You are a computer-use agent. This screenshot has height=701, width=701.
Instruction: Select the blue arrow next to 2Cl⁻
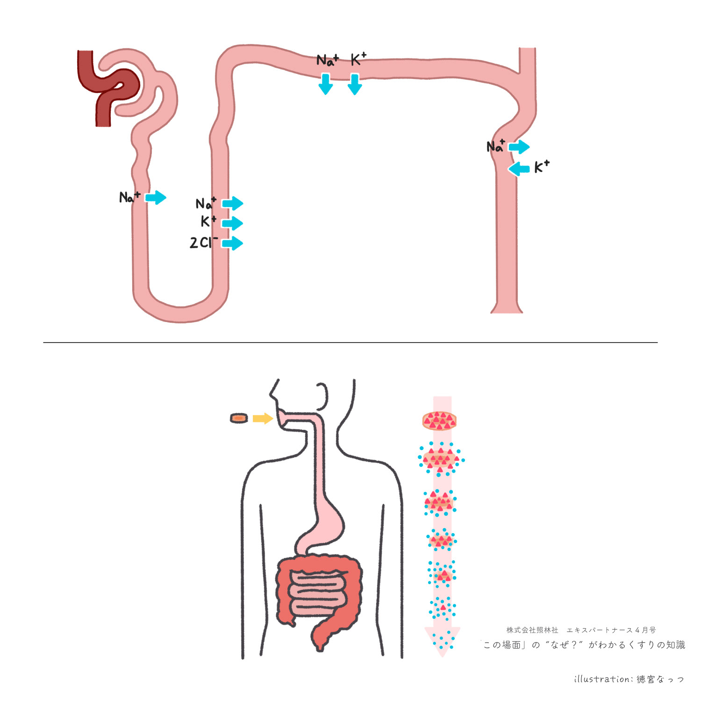click(232, 243)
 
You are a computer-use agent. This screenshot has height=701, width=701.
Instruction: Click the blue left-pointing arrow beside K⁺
click(519, 168)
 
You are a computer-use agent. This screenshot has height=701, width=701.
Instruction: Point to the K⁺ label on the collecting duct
click(542, 166)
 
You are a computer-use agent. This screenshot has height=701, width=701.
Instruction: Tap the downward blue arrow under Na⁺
click(326, 84)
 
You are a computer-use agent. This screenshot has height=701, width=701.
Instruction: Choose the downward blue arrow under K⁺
click(355, 84)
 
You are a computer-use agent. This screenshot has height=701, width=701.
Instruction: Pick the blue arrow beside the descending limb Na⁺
click(156, 197)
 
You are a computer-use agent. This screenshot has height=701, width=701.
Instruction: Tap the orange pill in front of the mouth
click(239, 418)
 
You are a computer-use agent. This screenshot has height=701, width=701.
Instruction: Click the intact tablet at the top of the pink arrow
click(439, 421)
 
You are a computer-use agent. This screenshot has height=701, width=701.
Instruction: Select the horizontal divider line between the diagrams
click(350, 343)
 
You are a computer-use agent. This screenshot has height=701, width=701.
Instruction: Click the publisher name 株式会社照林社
click(532, 630)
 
